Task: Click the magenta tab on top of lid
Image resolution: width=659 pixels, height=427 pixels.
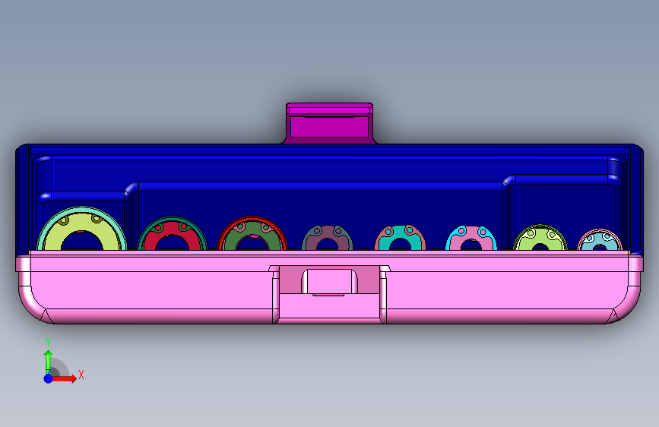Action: (330, 123)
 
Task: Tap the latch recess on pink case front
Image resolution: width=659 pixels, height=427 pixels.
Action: (330, 282)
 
